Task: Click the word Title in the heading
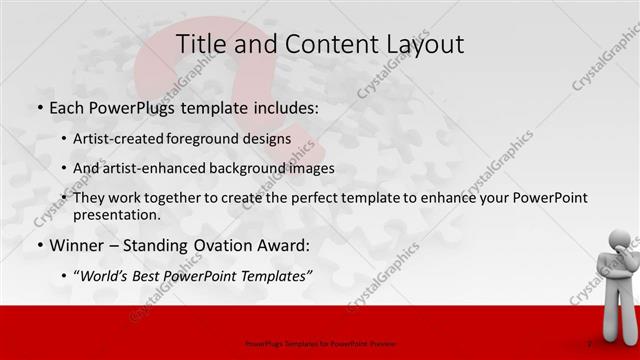[x=201, y=43]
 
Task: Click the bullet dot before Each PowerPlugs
[x=39, y=106]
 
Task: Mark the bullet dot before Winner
[x=39, y=246]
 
